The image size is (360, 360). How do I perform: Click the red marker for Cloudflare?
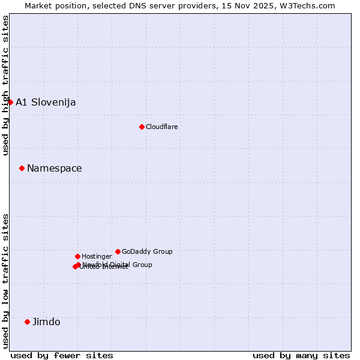click(x=142, y=127)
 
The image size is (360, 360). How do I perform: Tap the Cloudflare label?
click(x=161, y=127)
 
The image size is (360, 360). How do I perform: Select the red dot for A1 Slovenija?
click(x=10, y=102)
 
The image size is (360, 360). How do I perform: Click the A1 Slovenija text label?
click(x=46, y=102)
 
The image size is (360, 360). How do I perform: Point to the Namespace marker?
click(x=22, y=168)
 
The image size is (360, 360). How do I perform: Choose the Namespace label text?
click(x=54, y=168)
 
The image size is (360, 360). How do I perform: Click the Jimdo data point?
click(x=27, y=322)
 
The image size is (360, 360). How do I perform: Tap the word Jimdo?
click(x=46, y=322)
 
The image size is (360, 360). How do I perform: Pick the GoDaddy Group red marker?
click(x=118, y=251)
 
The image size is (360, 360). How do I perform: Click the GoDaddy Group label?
click(x=147, y=251)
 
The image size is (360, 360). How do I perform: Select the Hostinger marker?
click(x=77, y=256)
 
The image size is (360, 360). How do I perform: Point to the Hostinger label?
click(x=97, y=256)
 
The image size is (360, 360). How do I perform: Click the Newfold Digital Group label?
click(x=118, y=265)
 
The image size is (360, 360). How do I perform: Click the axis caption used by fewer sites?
click(x=62, y=355)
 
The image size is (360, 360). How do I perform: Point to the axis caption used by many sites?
click(x=301, y=355)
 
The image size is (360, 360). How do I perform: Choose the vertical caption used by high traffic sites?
click(x=5, y=86)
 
